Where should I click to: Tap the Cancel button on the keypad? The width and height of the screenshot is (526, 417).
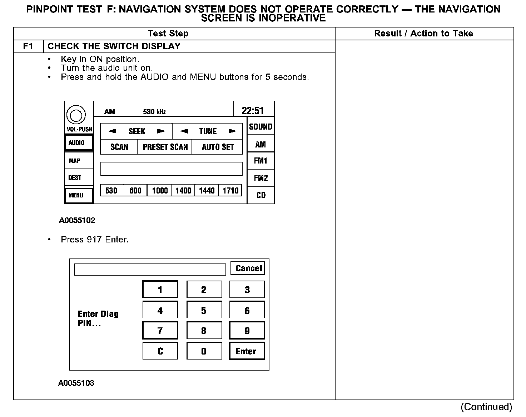coord(247,268)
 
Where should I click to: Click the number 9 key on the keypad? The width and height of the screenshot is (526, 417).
coord(247,330)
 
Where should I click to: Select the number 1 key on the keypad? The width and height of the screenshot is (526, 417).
coord(160,290)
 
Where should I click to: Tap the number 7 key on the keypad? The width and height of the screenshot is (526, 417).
coord(160,330)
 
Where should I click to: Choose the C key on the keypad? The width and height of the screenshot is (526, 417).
coord(160,351)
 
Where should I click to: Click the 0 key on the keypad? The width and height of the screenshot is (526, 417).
coord(204,351)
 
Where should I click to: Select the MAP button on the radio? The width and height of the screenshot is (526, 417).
coord(79,161)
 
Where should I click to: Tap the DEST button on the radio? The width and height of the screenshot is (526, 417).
coord(79,177)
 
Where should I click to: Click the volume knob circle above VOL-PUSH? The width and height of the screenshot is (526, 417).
coord(76,115)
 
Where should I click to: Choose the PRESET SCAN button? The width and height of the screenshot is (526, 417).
coord(165,147)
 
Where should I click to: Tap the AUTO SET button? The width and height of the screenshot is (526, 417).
coord(218,147)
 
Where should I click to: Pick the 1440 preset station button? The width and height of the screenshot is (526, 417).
coord(207,190)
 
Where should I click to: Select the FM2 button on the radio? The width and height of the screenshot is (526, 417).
coord(260,178)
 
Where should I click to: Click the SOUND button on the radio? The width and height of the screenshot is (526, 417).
coord(260,126)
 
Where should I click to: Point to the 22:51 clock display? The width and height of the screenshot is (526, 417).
coord(253,110)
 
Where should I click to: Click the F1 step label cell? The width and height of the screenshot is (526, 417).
coord(28,46)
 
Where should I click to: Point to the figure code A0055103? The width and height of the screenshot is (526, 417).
coord(76,383)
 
